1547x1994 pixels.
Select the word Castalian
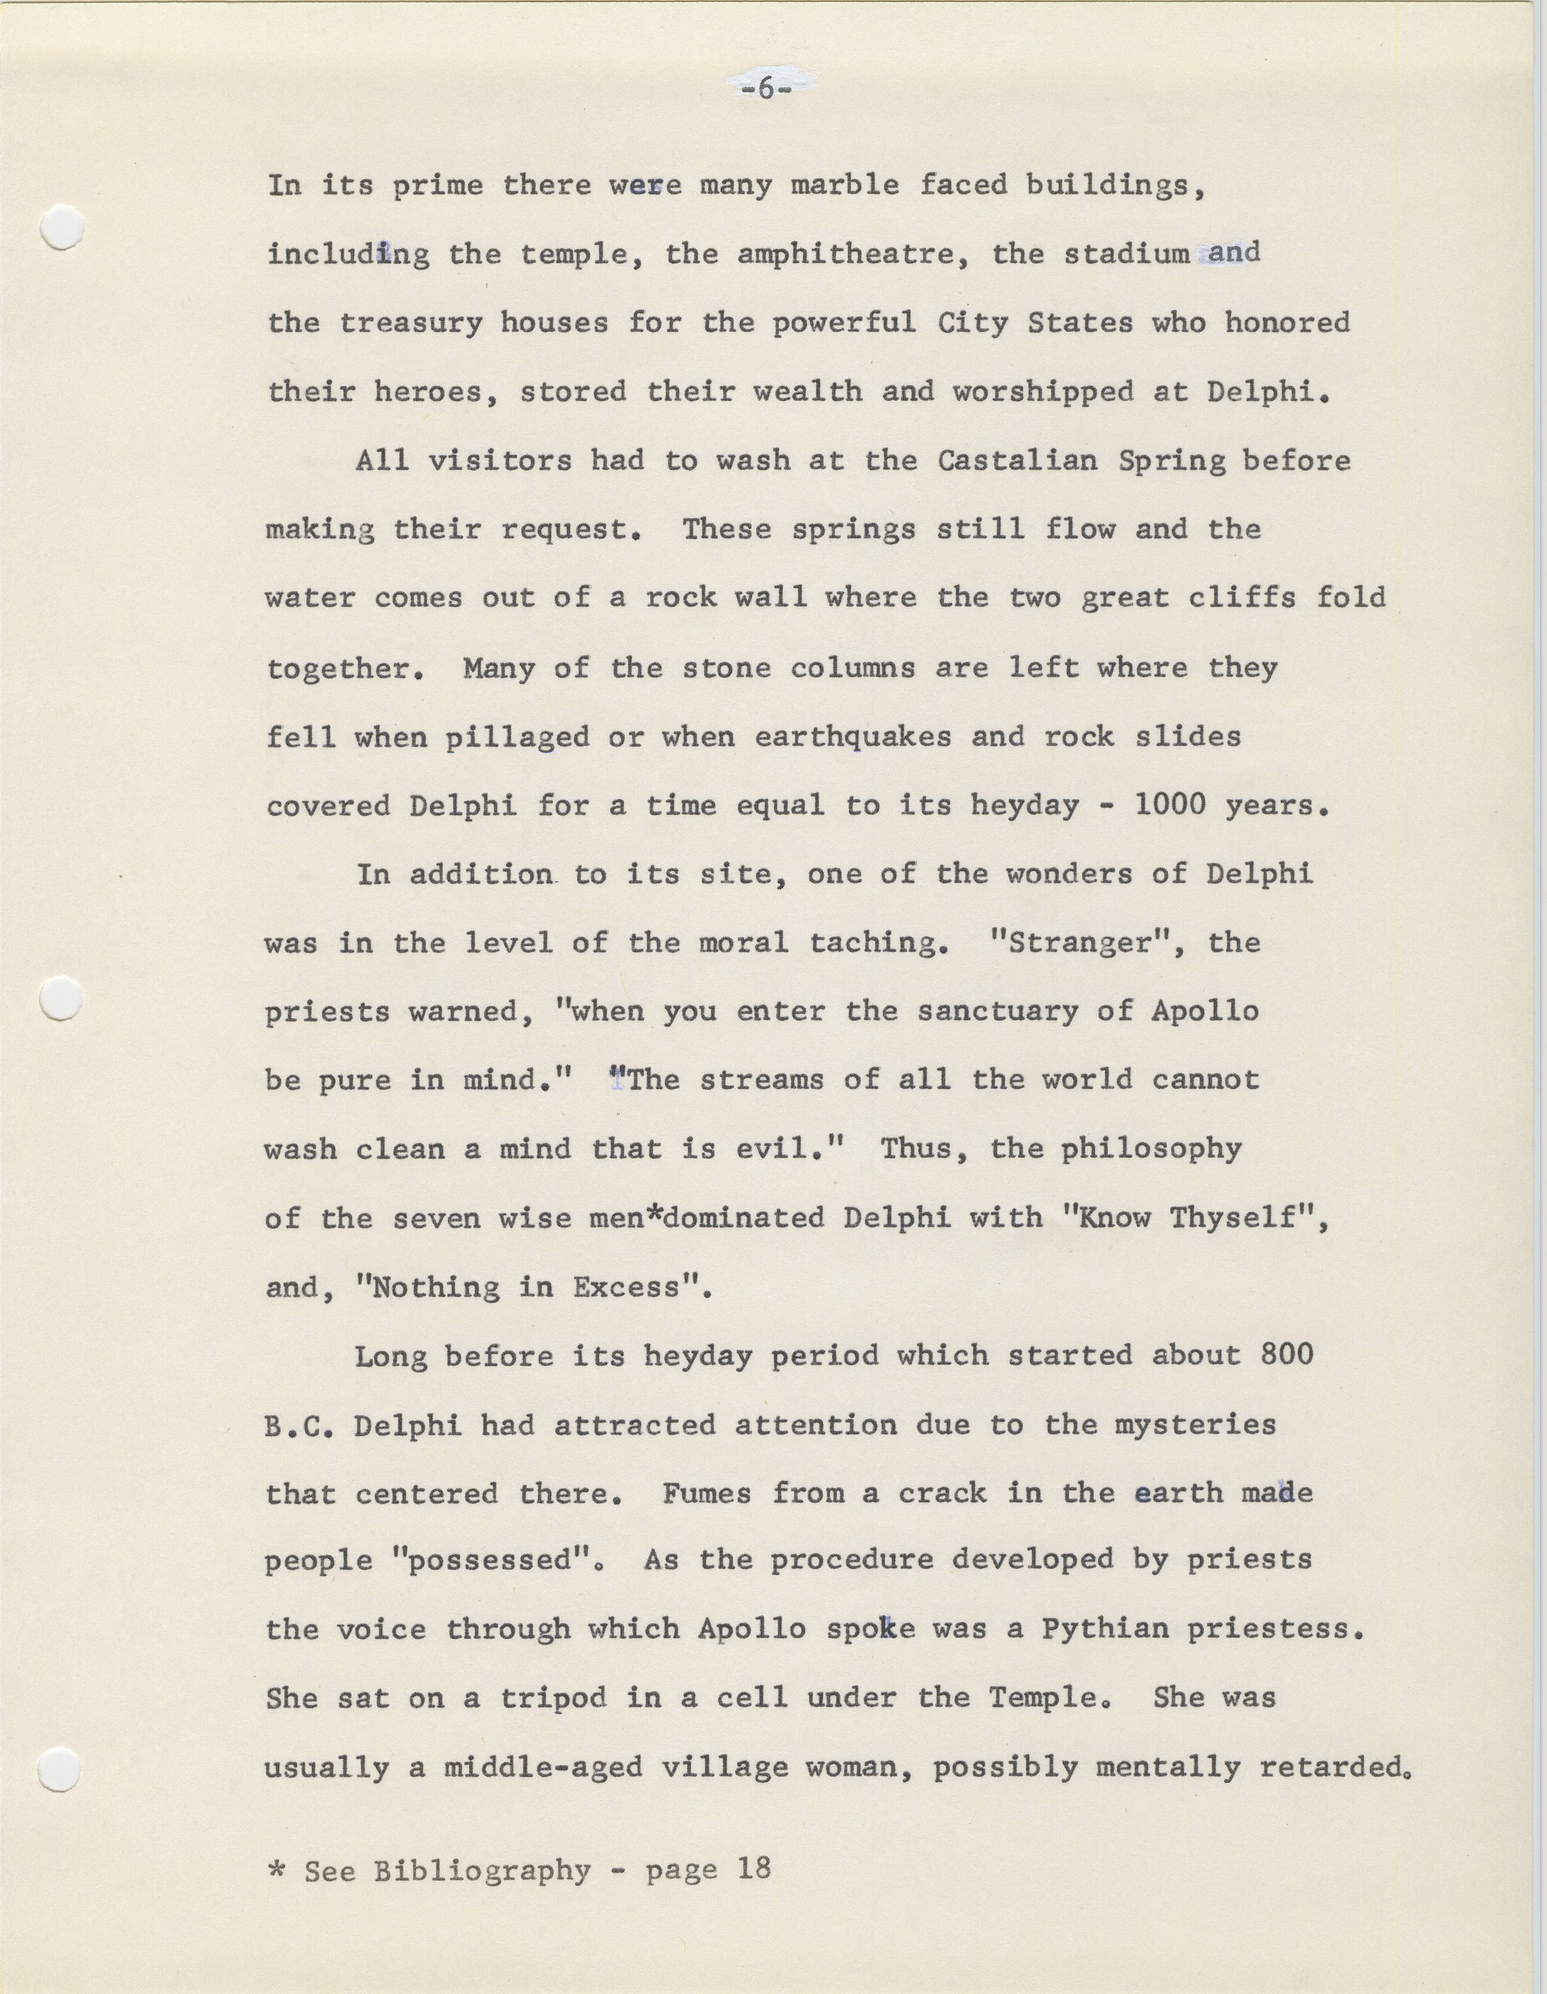click(1016, 460)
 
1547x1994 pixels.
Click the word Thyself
click(1242, 1218)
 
